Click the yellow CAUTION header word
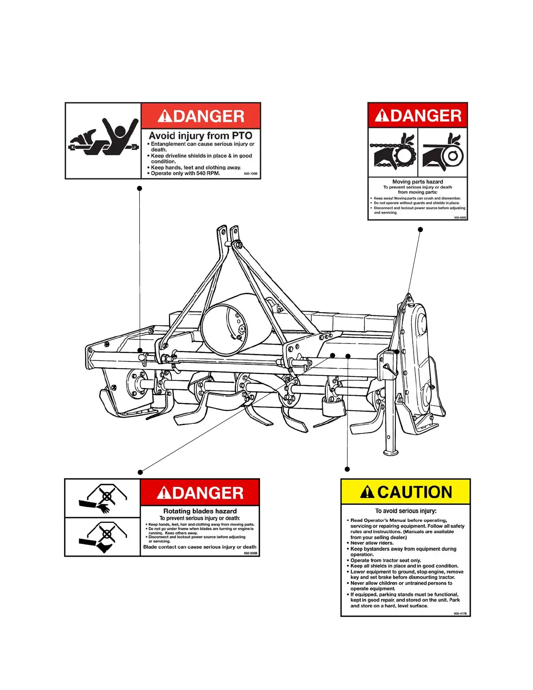pyautogui.click(x=415, y=492)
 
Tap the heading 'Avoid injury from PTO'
pyautogui.click(x=200, y=136)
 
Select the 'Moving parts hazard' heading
pyautogui.click(x=418, y=182)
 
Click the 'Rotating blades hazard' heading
pyautogui.click(x=200, y=511)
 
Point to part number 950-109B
pyautogui.click(x=251, y=174)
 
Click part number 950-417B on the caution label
pyautogui.click(x=460, y=613)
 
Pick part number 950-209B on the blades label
pyautogui.click(x=250, y=553)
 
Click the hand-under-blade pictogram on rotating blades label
pyautogui.click(x=103, y=498)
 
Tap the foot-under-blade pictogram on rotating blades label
pyautogui.click(x=103, y=537)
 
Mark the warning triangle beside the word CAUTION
pyautogui.click(x=367, y=492)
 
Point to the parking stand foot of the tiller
pyautogui.click(x=391, y=453)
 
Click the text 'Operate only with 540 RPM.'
pyautogui.click(x=185, y=173)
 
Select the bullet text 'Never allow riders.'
pyautogui.click(x=372, y=543)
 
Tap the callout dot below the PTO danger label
pyautogui.click(x=139, y=188)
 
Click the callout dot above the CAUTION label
pyautogui.click(x=347, y=469)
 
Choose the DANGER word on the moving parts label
pyautogui.click(x=425, y=116)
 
